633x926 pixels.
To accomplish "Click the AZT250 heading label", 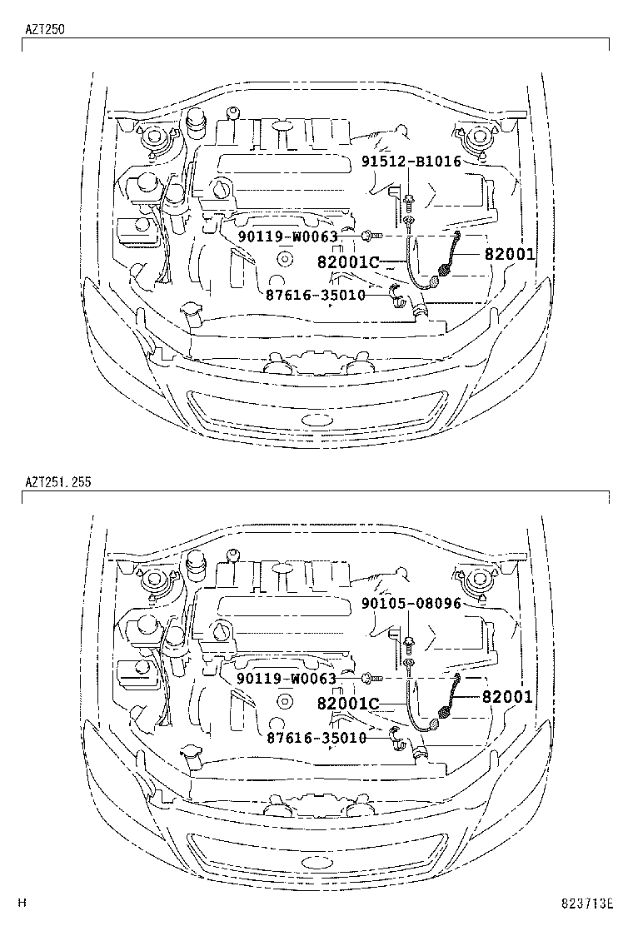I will point(45,28).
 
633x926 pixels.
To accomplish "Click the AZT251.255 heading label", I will point(57,482).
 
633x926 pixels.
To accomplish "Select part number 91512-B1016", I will point(411,162).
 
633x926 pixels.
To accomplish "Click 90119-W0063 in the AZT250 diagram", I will point(287,236).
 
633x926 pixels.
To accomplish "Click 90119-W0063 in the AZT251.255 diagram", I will point(287,679).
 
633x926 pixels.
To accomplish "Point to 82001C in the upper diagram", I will point(348,262).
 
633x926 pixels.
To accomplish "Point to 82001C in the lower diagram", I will point(348,704).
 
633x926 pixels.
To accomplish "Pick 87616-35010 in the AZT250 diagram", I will point(316,295).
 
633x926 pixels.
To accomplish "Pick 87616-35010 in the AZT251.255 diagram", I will point(316,737).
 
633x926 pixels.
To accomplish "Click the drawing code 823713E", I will point(586,903).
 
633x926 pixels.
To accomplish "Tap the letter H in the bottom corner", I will point(22,903).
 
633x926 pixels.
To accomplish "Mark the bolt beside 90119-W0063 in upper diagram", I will point(370,236).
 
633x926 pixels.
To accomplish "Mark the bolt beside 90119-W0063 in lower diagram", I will point(370,679).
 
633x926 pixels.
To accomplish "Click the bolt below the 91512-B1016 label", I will point(410,200).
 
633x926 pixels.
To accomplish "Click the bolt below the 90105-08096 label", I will point(410,642).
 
